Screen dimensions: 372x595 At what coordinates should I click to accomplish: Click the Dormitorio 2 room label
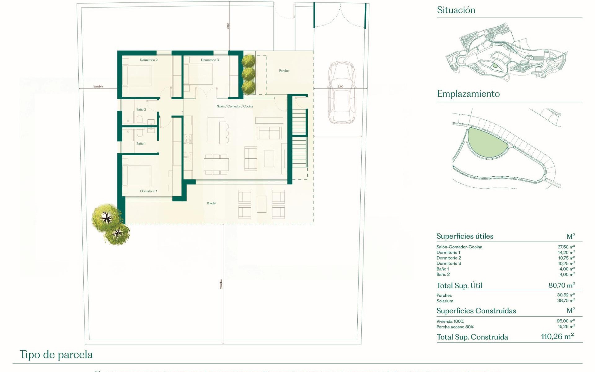148,60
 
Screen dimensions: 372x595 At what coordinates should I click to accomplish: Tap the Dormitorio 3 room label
209,60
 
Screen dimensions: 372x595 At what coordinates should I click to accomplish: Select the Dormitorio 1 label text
148,191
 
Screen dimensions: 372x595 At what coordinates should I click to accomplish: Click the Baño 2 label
141,109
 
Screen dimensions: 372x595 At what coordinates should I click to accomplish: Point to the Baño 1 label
141,144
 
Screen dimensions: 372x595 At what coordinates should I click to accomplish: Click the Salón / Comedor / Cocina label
235,106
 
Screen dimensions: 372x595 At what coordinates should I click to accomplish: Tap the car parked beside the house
341,93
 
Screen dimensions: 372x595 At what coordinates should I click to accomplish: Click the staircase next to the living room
299,139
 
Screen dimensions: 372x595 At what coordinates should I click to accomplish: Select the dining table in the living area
216,164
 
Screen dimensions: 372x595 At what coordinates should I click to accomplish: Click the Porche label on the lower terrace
211,203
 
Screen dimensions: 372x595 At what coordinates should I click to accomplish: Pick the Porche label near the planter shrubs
284,71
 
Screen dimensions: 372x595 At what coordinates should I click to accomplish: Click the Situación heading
456,10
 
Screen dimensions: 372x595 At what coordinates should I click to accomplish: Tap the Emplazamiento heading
468,94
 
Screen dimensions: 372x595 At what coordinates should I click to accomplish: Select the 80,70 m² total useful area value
561,285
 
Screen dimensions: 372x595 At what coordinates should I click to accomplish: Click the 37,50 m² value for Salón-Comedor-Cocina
566,247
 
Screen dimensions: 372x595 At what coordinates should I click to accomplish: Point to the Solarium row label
445,301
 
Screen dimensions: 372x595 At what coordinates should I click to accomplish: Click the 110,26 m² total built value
557,337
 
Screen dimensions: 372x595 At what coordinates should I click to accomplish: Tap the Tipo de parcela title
56,355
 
